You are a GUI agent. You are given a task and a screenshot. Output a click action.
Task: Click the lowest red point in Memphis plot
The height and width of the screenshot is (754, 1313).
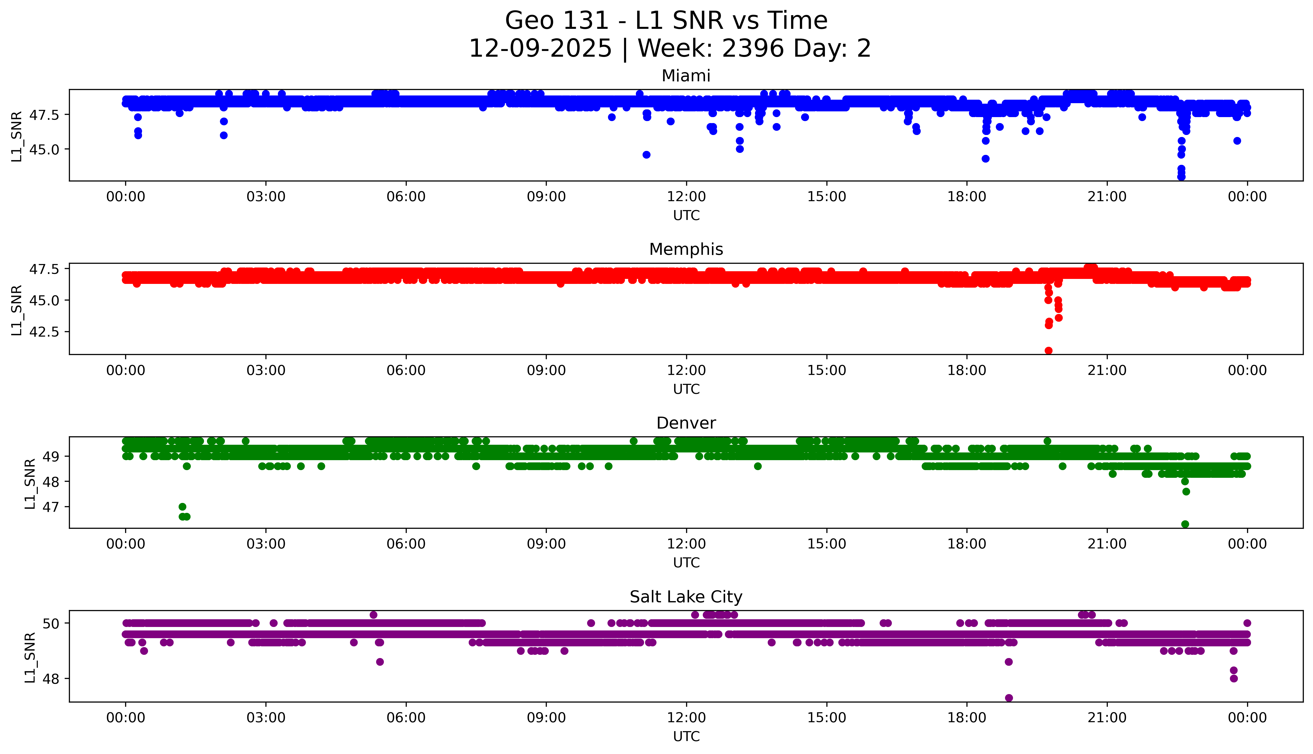click(1048, 351)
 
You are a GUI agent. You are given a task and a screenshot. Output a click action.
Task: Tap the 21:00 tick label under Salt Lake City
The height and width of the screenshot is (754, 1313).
click(1107, 718)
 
